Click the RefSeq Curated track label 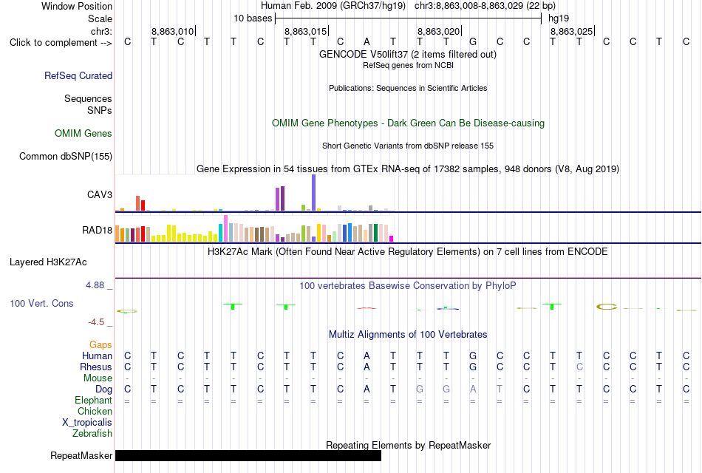(x=78, y=75)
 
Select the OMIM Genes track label (x=84, y=134)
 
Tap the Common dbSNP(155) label (x=66, y=157)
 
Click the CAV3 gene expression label (x=100, y=194)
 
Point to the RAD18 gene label (x=97, y=231)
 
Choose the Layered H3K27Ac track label (x=48, y=262)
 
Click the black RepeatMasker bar (x=248, y=455)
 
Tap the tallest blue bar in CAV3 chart (x=314, y=193)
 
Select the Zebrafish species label (x=92, y=434)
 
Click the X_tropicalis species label (x=87, y=423)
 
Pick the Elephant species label (x=94, y=400)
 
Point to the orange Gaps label (x=100, y=344)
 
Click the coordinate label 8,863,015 (x=306, y=32)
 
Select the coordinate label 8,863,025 (x=572, y=32)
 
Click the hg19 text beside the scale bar (x=559, y=18)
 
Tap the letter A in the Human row (x=367, y=355)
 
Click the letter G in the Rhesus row (x=473, y=367)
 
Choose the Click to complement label (x=61, y=43)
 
